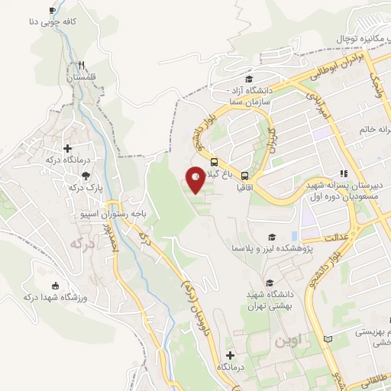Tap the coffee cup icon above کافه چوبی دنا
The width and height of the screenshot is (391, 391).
click(52, 10)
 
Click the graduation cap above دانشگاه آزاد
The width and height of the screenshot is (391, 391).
click(248, 79)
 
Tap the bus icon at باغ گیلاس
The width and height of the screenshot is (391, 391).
click(214, 162)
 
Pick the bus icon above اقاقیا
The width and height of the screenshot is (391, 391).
click(245, 174)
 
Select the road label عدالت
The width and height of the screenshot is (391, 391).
click(337, 238)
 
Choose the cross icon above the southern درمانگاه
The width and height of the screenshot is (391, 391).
click(230, 355)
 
